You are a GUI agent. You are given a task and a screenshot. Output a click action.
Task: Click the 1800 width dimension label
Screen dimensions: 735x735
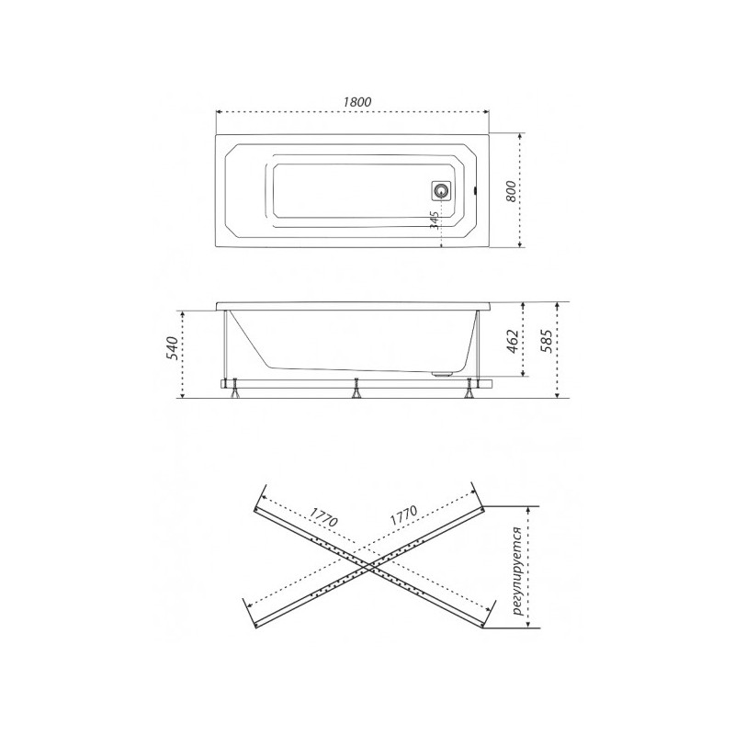(x=353, y=101)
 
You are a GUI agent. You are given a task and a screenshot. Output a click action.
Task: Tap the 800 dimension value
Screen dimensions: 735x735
(x=512, y=190)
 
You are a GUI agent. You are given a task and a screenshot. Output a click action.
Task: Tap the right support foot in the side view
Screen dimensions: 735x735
(x=472, y=390)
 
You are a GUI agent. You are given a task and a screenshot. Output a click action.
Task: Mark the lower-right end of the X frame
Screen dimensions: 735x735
(x=482, y=625)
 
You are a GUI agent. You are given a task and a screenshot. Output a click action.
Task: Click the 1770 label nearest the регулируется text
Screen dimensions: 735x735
(x=405, y=515)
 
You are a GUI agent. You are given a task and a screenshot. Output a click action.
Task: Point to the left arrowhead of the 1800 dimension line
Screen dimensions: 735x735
(x=219, y=113)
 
